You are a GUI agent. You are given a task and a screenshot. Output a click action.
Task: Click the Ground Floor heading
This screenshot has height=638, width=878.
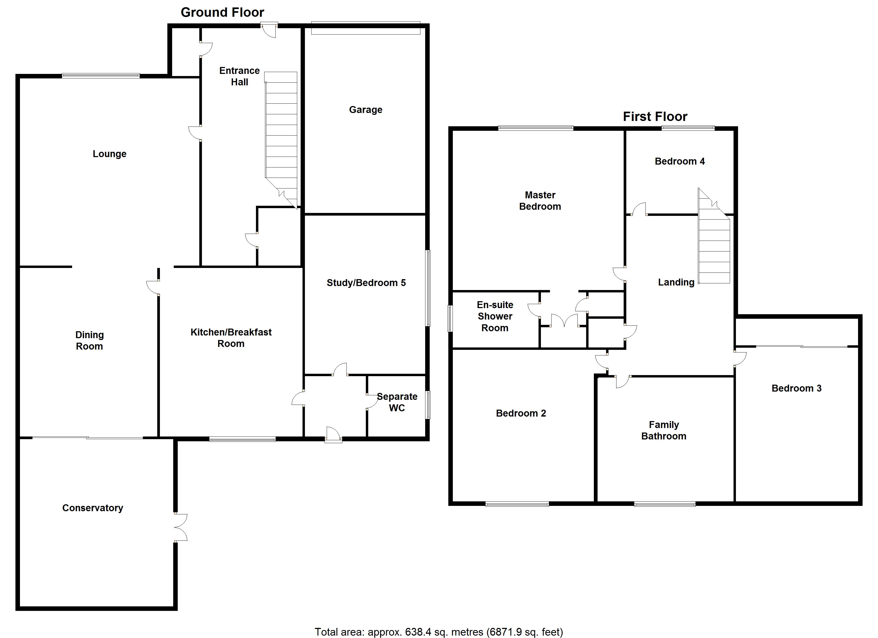pyautogui.click(x=223, y=12)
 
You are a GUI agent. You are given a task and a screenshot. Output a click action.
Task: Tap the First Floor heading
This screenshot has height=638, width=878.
pyautogui.click(x=655, y=116)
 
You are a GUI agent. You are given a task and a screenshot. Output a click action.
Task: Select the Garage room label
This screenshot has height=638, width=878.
pyautogui.click(x=366, y=110)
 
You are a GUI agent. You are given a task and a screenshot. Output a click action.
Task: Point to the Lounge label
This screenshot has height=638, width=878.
pyautogui.click(x=110, y=154)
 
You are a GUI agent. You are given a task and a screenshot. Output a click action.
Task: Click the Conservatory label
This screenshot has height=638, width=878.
pyautogui.click(x=93, y=508)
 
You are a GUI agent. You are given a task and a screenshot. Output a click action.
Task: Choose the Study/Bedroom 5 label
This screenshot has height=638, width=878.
pyautogui.click(x=366, y=283)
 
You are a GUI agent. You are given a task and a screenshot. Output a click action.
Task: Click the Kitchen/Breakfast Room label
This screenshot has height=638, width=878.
pyautogui.click(x=231, y=338)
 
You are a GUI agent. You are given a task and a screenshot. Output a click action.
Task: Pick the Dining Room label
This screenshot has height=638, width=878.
pyautogui.click(x=89, y=341)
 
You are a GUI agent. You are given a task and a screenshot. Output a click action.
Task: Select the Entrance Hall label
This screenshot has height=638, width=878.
pyautogui.click(x=240, y=76)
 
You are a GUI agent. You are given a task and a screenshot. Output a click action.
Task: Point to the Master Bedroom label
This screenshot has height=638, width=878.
pyautogui.click(x=540, y=201)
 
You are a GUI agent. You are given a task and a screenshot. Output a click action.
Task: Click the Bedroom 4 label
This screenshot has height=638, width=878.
pyautogui.click(x=680, y=161)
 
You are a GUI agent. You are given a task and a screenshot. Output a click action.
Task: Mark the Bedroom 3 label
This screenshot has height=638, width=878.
pyautogui.click(x=797, y=388)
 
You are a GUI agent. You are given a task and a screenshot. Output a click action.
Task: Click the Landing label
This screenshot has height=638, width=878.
pyautogui.click(x=676, y=282)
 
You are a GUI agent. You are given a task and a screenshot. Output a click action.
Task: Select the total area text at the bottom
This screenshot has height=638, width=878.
pyautogui.click(x=439, y=632)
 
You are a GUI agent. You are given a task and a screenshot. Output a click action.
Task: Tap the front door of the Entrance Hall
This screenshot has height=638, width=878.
pyautogui.click(x=269, y=30)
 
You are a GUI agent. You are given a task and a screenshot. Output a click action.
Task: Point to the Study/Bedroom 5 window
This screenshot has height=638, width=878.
pyautogui.click(x=428, y=288)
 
